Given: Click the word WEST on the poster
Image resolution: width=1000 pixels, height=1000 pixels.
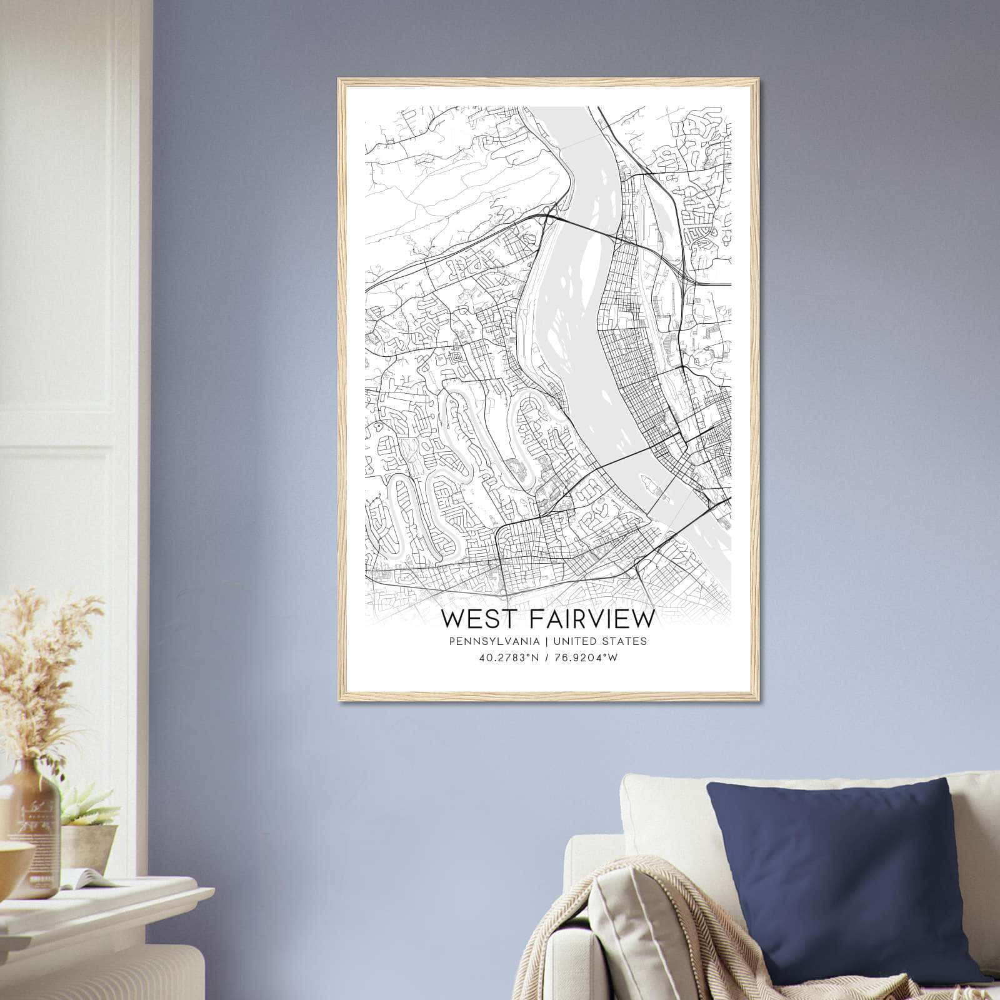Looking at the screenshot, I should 480,619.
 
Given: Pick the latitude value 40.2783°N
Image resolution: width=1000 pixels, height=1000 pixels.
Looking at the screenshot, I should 507,657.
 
